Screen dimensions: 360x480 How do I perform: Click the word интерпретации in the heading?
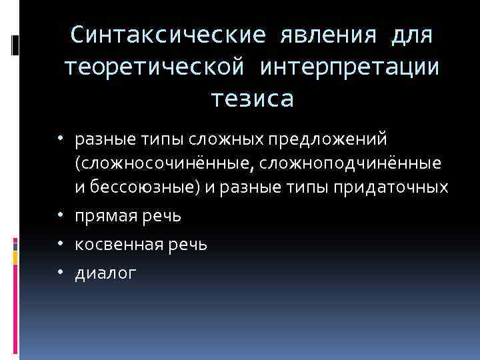click(x=350, y=66)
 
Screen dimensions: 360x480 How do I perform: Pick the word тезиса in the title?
click(x=252, y=99)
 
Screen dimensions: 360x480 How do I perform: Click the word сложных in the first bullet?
click(x=219, y=141)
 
